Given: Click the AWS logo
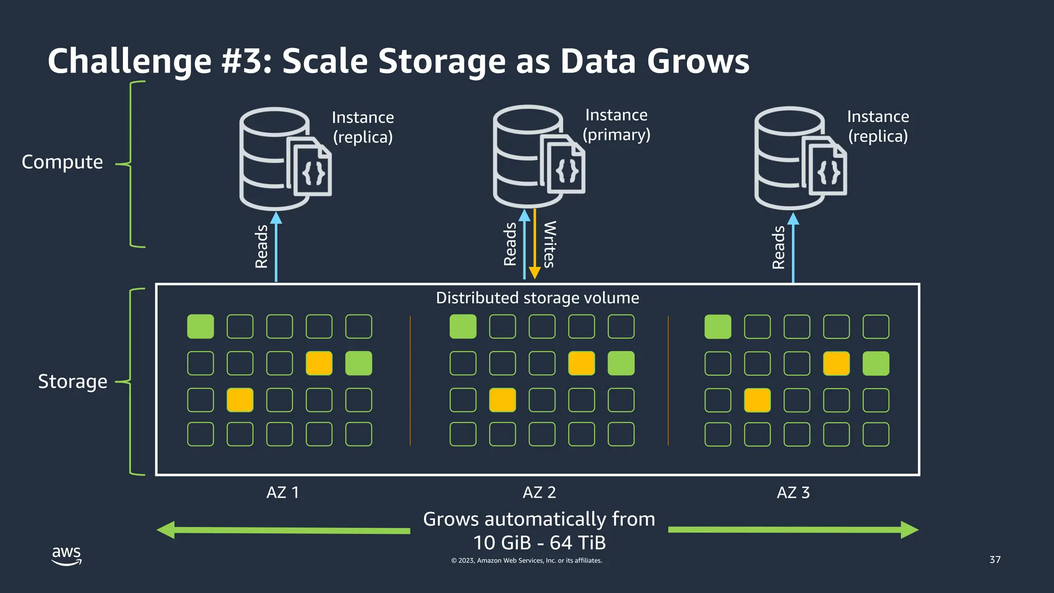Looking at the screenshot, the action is (66, 555).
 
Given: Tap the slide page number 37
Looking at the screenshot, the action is (995, 560).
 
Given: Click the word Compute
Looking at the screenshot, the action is (62, 162).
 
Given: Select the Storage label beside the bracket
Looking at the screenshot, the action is (73, 381).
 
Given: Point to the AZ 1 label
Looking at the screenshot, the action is (283, 493).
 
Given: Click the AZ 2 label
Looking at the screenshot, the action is (539, 493).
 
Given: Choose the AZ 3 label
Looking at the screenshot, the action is (793, 493).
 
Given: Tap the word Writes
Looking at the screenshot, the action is (550, 245).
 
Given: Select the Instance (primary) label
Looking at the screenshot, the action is (616, 125).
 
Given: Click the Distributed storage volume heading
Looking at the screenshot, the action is (537, 298).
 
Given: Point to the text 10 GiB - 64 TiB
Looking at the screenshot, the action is (539, 543).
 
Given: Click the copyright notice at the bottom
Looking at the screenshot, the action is (526, 561).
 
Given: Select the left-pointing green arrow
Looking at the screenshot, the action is (283, 530).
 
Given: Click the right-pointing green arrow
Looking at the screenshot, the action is (793, 530).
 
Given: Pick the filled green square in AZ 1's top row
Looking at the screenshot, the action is (200, 326).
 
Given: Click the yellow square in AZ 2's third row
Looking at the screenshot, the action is (502, 400).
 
